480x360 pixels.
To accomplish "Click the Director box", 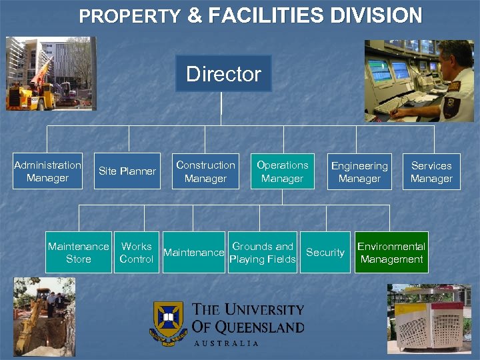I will point(223,73).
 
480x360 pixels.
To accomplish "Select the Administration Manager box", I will point(47,171).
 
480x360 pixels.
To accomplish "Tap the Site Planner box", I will point(127,171).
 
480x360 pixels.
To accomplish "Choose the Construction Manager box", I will point(205,171).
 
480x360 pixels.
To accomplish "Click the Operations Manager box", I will point(283,171).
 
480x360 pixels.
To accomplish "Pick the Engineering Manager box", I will point(359,172).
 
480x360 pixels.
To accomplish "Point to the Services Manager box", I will point(431,172).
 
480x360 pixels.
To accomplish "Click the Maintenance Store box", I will point(78,253).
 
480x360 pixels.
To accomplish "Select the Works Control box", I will point(136,253).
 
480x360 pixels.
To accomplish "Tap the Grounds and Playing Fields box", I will point(262,253).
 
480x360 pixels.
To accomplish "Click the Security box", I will point(325,253).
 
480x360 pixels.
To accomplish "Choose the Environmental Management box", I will point(391,253).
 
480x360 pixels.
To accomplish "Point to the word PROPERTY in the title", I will point(130,17).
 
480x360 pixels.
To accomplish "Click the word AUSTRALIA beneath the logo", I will point(226,343).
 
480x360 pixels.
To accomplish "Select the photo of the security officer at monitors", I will point(419,81).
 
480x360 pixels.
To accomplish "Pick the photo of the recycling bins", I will point(429,318).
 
